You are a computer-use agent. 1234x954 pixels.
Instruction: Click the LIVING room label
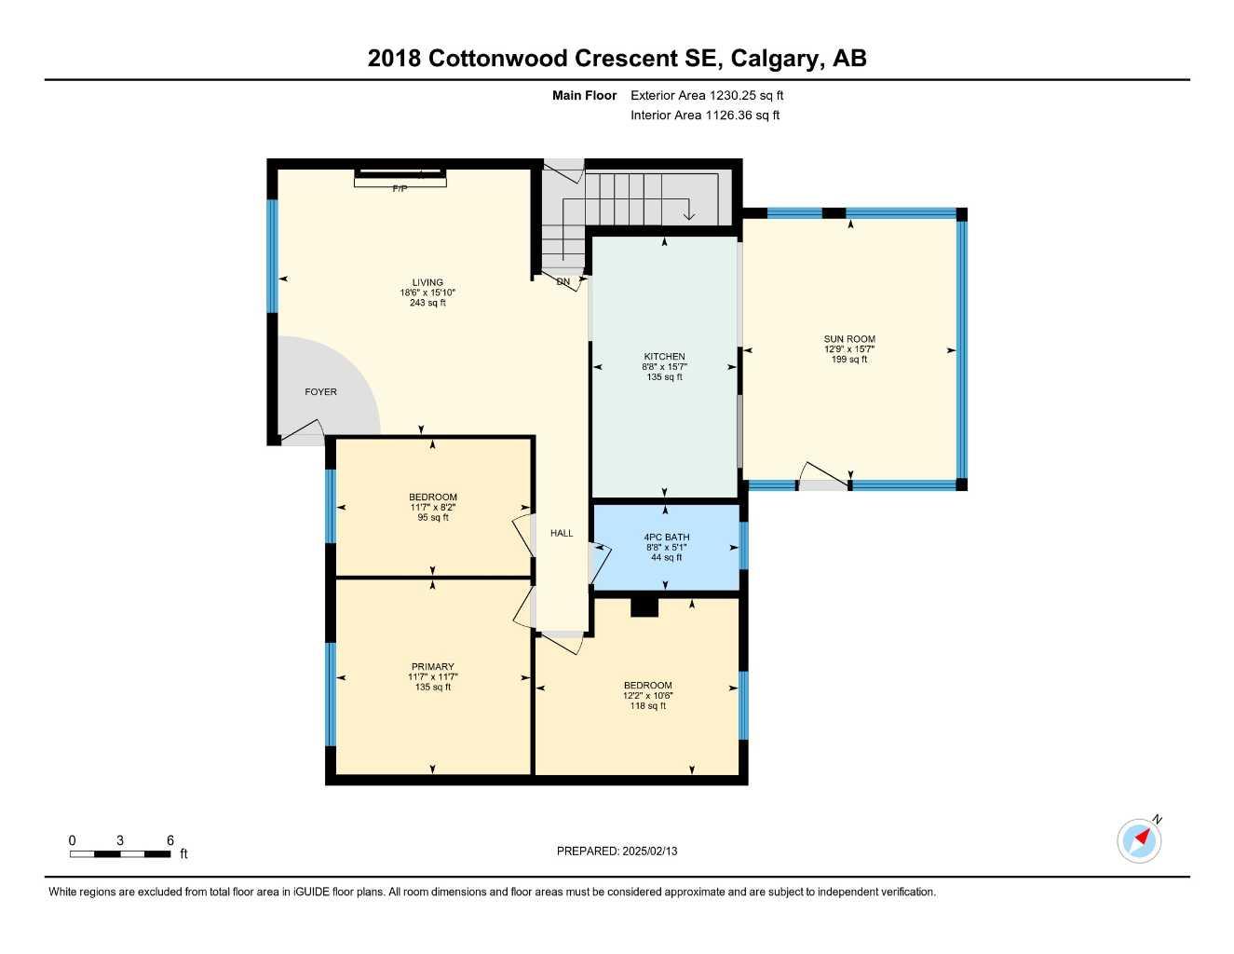click(427, 282)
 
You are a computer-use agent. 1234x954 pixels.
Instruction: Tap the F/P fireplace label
click(400, 189)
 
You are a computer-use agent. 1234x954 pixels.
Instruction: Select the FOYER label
click(320, 392)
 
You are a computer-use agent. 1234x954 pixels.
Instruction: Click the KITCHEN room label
click(664, 357)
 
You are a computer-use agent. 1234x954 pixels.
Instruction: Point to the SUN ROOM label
click(848, 339)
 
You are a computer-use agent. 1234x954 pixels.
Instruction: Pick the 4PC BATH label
click(666, 538)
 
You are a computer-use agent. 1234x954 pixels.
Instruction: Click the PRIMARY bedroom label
click(432, 667)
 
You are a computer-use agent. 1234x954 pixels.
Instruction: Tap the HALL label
click(562, 534)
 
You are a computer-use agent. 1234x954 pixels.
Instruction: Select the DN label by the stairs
click(563, 281)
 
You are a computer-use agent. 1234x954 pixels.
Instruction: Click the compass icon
click(1139, 840)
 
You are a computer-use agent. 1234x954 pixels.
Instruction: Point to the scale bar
click(120, 853)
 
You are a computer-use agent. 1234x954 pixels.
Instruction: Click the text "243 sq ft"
click(427, 303)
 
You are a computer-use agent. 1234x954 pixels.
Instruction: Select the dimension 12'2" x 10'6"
click(647, 696)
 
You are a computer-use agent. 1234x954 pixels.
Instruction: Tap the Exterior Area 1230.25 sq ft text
click(707, 95)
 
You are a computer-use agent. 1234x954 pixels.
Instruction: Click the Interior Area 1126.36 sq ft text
click(705, 116)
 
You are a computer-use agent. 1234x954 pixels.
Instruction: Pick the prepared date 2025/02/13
click(650, 851)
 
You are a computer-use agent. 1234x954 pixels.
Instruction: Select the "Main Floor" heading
click(584, 95)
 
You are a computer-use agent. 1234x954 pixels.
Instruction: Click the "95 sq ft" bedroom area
click(433, 517)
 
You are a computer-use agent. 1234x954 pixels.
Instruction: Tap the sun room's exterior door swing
click(824, 475)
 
